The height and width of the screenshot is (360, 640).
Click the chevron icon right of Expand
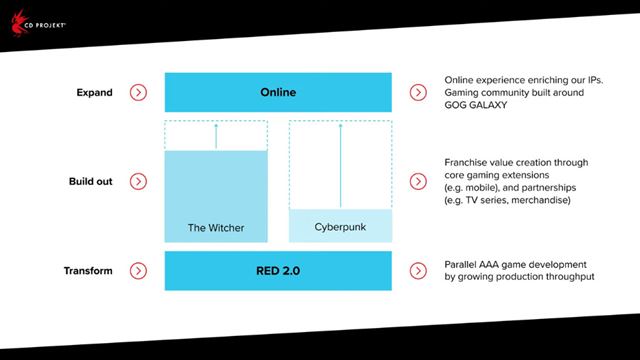tap(139, 93)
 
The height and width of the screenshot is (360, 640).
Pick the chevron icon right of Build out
tap(139, 182)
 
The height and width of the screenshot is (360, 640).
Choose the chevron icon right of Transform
tap(139, 271)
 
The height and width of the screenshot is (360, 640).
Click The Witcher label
tap(215, 227)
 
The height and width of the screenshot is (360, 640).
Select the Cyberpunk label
tap(340, 227)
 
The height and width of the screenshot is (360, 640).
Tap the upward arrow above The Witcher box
tap(216, 135)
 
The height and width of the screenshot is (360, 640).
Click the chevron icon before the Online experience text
tap(418, 93)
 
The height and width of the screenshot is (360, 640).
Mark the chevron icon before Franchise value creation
tap(418, 182)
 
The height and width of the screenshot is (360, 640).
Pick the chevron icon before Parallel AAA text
tap(418, 271)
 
